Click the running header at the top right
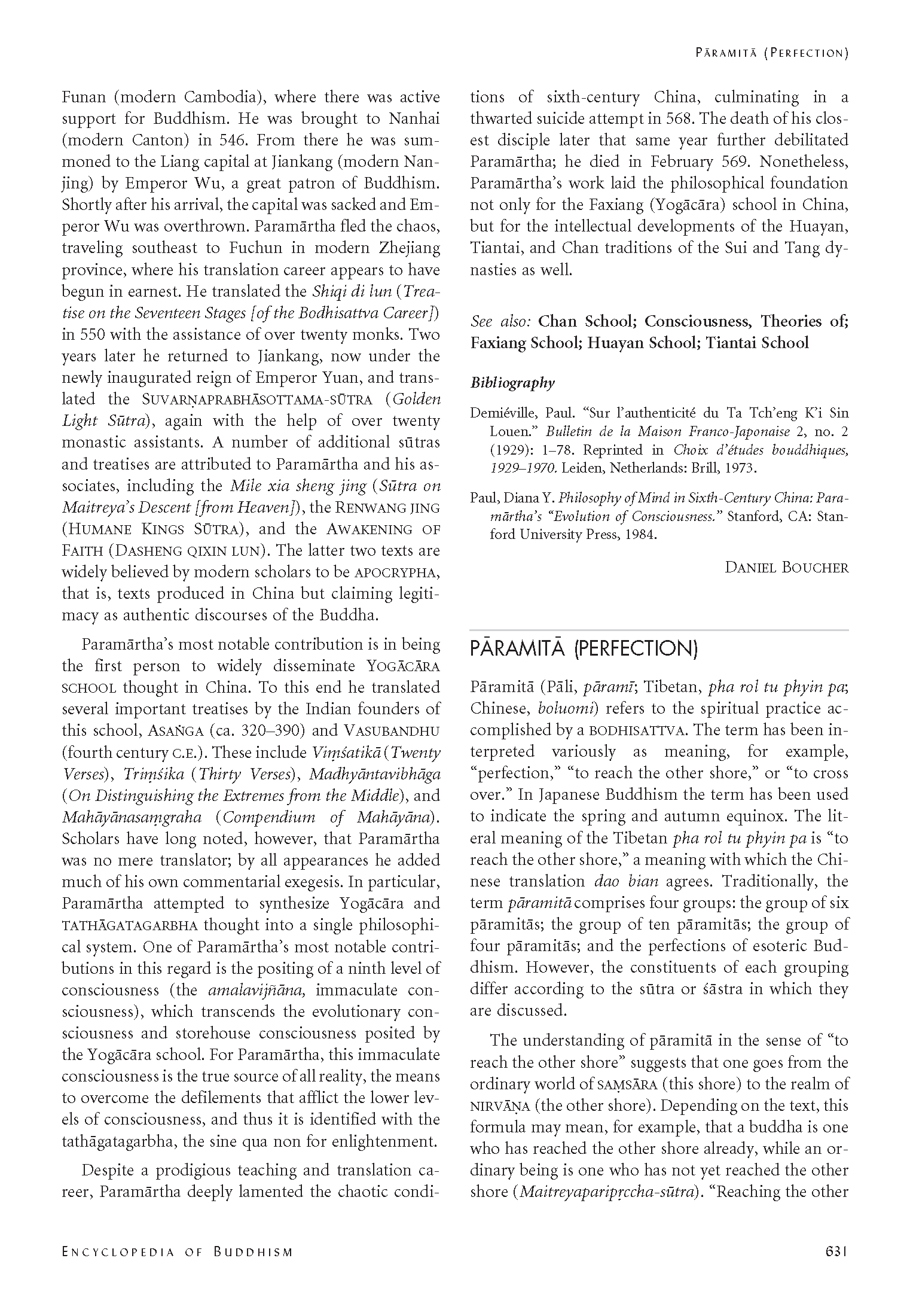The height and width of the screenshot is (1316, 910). tap(772, 53)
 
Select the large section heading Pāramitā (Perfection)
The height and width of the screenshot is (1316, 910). tap(584, 649)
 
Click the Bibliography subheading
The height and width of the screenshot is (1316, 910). tap(512, 383)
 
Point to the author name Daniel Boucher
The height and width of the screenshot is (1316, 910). tap(786, 567)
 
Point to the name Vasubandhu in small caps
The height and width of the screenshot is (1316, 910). tap(392, 730)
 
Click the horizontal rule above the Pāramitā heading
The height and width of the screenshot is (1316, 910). tap(659, 630)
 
